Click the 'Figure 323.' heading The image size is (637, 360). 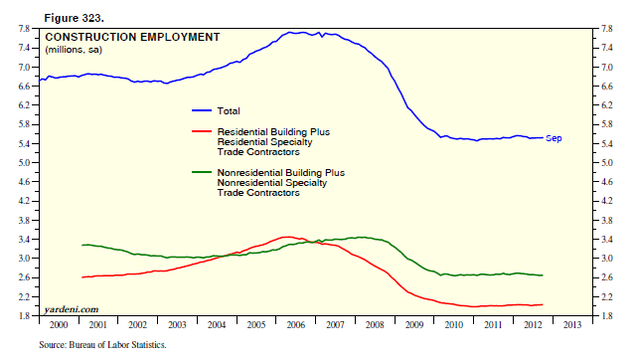pos(74,18)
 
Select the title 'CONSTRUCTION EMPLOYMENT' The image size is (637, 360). pos(132,37)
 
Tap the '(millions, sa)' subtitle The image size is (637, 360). pos(74,50)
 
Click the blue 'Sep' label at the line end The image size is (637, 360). pos(554,138)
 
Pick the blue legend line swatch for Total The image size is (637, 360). pos(202,110)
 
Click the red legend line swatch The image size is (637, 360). pos(202,131)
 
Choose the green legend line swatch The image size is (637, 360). pos(202,172)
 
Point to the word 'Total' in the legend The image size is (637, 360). pos(229,111)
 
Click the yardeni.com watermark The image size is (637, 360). pos(72,309)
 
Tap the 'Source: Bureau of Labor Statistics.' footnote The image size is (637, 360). pos(102,345)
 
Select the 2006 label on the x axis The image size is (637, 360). pos(295,324)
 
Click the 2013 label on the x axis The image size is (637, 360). pos(572,324)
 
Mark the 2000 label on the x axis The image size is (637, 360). pos(59,324)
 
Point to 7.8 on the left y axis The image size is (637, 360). pos(24,29)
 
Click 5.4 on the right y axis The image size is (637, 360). pos(606,144)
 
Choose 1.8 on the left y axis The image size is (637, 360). pos(24,315)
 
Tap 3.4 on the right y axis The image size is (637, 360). pos(606,240)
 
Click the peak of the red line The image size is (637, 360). pos(287,237)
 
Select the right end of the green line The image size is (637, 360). pos(543,275)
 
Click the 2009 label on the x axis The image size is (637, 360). pos(414,324)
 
